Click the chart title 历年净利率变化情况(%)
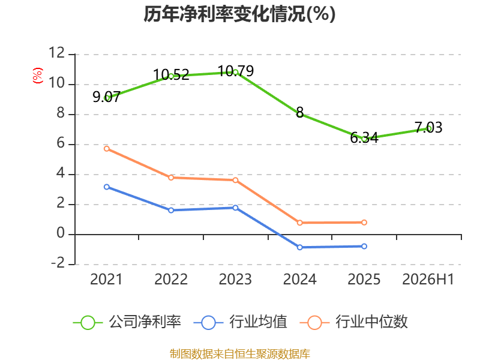[x=239, y=14]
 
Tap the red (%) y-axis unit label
[x=37, y=76]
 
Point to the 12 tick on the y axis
[x=56, y=53]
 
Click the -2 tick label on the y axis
[x=58, y=263]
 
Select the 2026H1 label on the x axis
[x=428, y=279]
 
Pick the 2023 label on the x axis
[x=235, y=279]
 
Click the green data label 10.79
[x=236, y=71]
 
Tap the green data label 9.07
[x=106, y=97]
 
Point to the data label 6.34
[x=364, y=138]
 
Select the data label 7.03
[x=428, y=127]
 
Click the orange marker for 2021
[x=107, y=149]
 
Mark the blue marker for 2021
[x=107, y=187]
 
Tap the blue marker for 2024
[x=299, y=247]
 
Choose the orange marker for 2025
[x=364, y=223]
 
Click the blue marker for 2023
[x=235, y=208]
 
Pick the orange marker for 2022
[x=171, y=178]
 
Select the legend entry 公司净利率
[x=127, y=322]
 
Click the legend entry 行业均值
[x=241, y=322]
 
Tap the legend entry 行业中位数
[x=354, y=322]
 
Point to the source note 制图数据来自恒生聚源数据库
[x=239, y=354]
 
